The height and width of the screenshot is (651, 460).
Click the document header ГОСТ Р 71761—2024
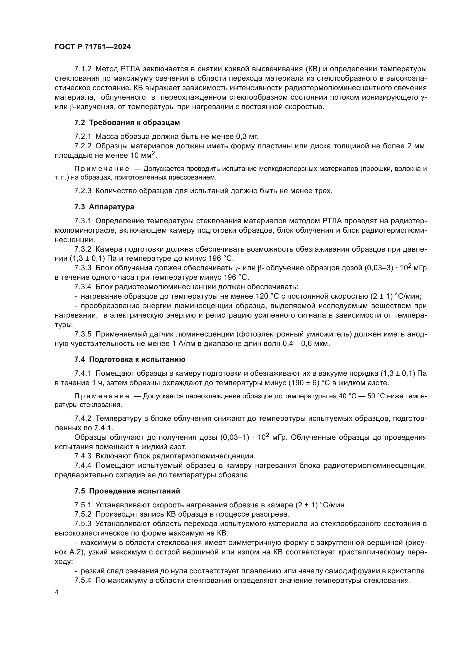93,47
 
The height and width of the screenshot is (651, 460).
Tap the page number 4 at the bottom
57,592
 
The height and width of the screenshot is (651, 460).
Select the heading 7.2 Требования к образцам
127,122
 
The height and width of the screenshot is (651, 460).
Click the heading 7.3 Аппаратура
104,207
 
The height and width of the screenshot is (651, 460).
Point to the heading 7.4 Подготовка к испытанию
130,359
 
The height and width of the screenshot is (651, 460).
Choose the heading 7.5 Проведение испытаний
127,491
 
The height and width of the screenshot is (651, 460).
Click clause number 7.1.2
83,69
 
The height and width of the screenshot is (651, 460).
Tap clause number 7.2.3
83,191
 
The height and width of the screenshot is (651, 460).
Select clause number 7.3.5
83,334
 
